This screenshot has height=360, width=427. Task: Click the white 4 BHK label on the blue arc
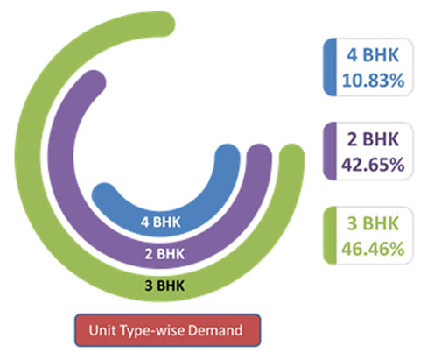click(x=160, y=222)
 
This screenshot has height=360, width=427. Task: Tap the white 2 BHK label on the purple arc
click(x=164, y=254)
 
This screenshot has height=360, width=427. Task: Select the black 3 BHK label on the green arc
click(x=164, y=286)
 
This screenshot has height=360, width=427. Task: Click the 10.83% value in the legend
click(x=373, y=81)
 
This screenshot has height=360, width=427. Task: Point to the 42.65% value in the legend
click(x=373, y=165)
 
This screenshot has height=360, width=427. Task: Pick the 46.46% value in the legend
click(x=373, y=249)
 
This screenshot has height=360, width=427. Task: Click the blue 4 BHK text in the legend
click(x=373, y=54)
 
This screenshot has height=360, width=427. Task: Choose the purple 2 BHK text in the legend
click(x=373, y=139)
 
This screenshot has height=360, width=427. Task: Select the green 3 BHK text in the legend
click(x=373, y=223)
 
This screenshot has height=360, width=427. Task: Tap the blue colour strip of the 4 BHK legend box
click(x=330, y=67)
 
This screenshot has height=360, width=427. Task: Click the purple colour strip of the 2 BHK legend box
click(x=330, y=152)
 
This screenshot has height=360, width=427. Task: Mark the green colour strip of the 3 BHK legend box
click(x=330, y=236)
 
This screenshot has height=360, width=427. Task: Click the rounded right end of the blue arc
click(x=227, y=156)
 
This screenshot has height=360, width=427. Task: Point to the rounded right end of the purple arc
click(x=259, y=156)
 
